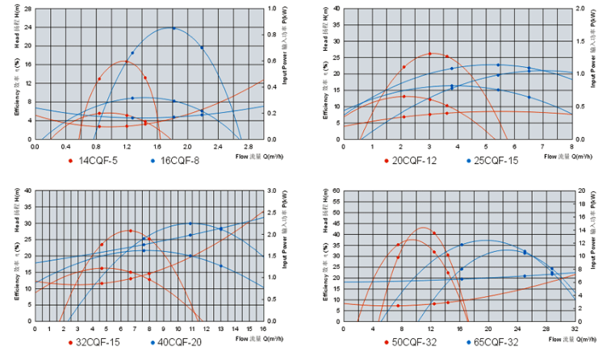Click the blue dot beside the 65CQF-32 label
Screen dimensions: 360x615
[x=469, y=342]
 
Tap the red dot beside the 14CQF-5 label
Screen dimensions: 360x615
[x=72, y=161]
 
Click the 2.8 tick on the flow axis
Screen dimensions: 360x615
[x=249, y=147]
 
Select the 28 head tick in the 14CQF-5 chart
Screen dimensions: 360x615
[x=27, y=9]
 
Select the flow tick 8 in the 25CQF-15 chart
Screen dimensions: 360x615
[x=571, y=147]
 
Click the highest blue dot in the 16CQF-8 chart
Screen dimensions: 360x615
[x=173, y=28]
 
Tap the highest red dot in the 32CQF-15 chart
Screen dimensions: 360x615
[x=130, y=231]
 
